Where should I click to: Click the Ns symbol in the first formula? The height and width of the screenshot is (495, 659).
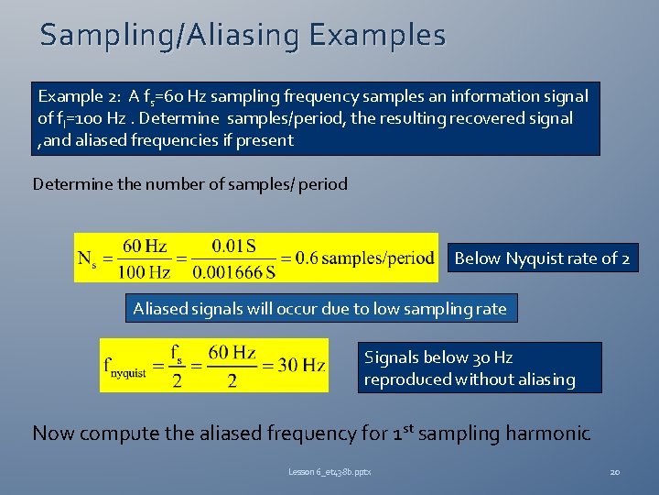[x=88, y=259]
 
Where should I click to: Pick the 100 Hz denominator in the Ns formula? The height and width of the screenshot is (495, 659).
[x=145, y=273]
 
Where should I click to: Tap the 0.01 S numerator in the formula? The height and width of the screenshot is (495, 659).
[x=234, y=246]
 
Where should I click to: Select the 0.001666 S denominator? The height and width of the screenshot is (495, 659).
[x=234, y=273]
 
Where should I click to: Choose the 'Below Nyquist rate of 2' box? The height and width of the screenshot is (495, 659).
[x=542, y=258]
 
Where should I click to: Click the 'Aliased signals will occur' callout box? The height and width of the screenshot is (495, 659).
[x=319, y=309]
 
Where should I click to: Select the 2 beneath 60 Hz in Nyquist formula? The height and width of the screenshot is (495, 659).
[x=232, y=380]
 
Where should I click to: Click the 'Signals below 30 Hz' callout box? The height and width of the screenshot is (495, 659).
[x=479, y=368]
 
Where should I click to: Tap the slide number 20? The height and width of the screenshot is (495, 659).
[x=615, y=472]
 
